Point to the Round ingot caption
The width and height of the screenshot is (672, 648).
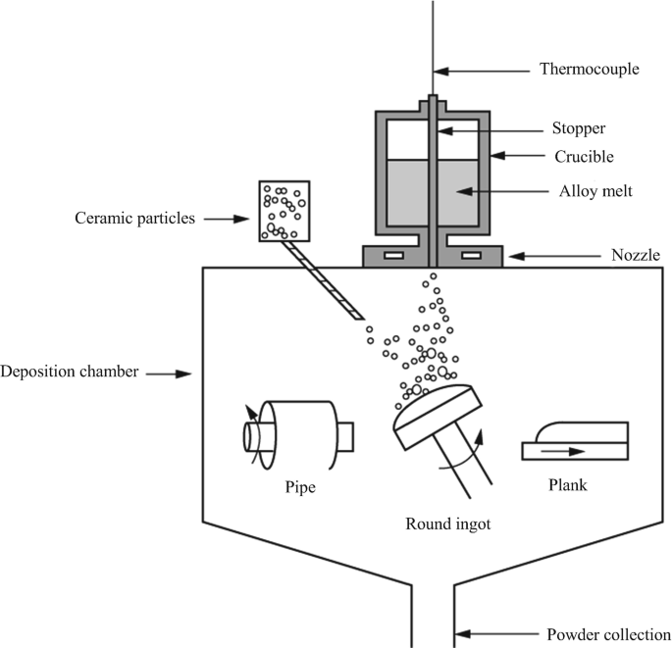point(448,523)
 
